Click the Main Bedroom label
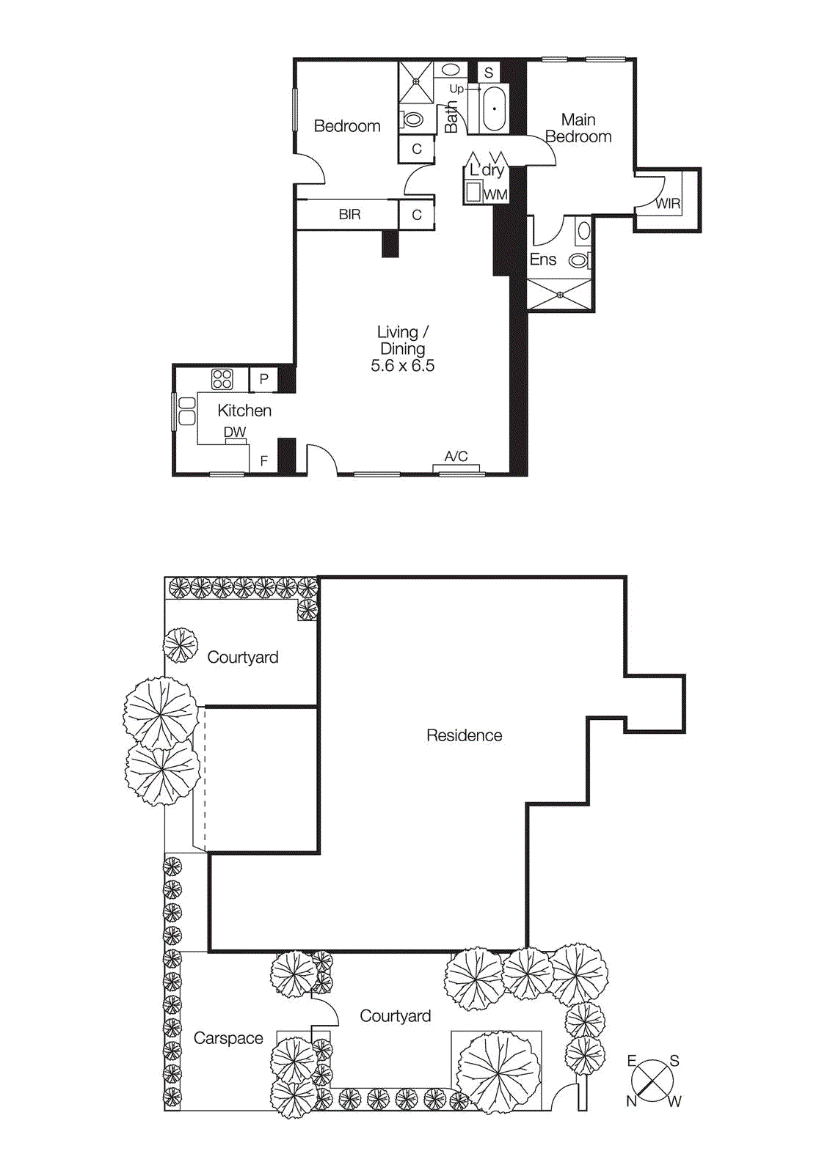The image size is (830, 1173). [x=578, y=128]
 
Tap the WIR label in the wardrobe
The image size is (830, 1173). [x=667, y=204]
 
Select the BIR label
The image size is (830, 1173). [x=349, y=215]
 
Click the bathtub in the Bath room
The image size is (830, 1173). [x=495, y=109]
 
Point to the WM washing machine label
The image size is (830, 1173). [x=496, y=195]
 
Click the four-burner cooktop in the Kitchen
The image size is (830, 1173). [x=222, y=379]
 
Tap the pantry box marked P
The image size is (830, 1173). [x=264, y=379]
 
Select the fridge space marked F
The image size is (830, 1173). [x=264, y=461]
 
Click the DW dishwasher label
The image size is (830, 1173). [x=235, y=433]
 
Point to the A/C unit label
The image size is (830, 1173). [x=456, y=457]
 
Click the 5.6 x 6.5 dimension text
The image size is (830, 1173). [x=402, y=366]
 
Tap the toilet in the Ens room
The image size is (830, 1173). [x=579, y=260]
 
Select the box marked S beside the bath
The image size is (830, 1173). [x=489, y=73]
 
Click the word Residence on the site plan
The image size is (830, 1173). [x=464, y=735]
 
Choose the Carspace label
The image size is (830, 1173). [x=228, y=1038]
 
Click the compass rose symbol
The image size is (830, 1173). [x=652, y=1080]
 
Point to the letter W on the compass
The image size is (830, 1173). [x=674, y=1101]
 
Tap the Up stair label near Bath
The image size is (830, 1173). [x=456, y=89]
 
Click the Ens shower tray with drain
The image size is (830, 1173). [x=560, y=295]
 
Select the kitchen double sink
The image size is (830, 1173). [x=187, y=411]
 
